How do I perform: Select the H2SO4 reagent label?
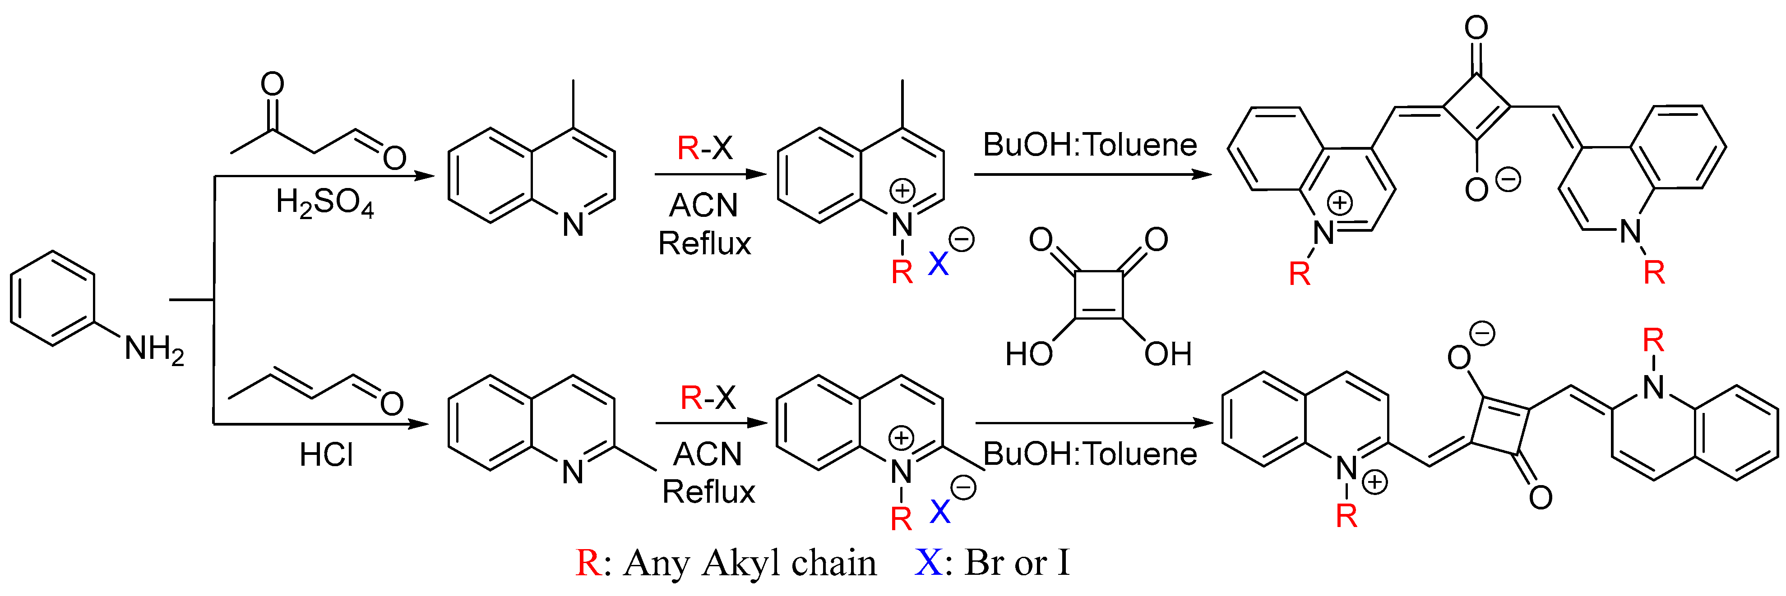[x=324, y=203]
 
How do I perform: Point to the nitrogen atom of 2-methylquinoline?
[x=573, y=472]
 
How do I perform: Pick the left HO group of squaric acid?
[x=1029, y=354]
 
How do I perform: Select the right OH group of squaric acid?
[x=1167, y=354]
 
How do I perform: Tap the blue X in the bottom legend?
[x=928, y=563]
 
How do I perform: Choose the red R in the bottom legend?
[x=588, y=563]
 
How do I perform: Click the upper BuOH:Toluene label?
[x=1090, y=145]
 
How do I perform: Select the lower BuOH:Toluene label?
[x=1090, y=454]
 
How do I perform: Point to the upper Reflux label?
[x=704, y=243]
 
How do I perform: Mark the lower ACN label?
[x=707, y=454]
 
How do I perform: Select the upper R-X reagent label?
[x=704, y=147]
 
